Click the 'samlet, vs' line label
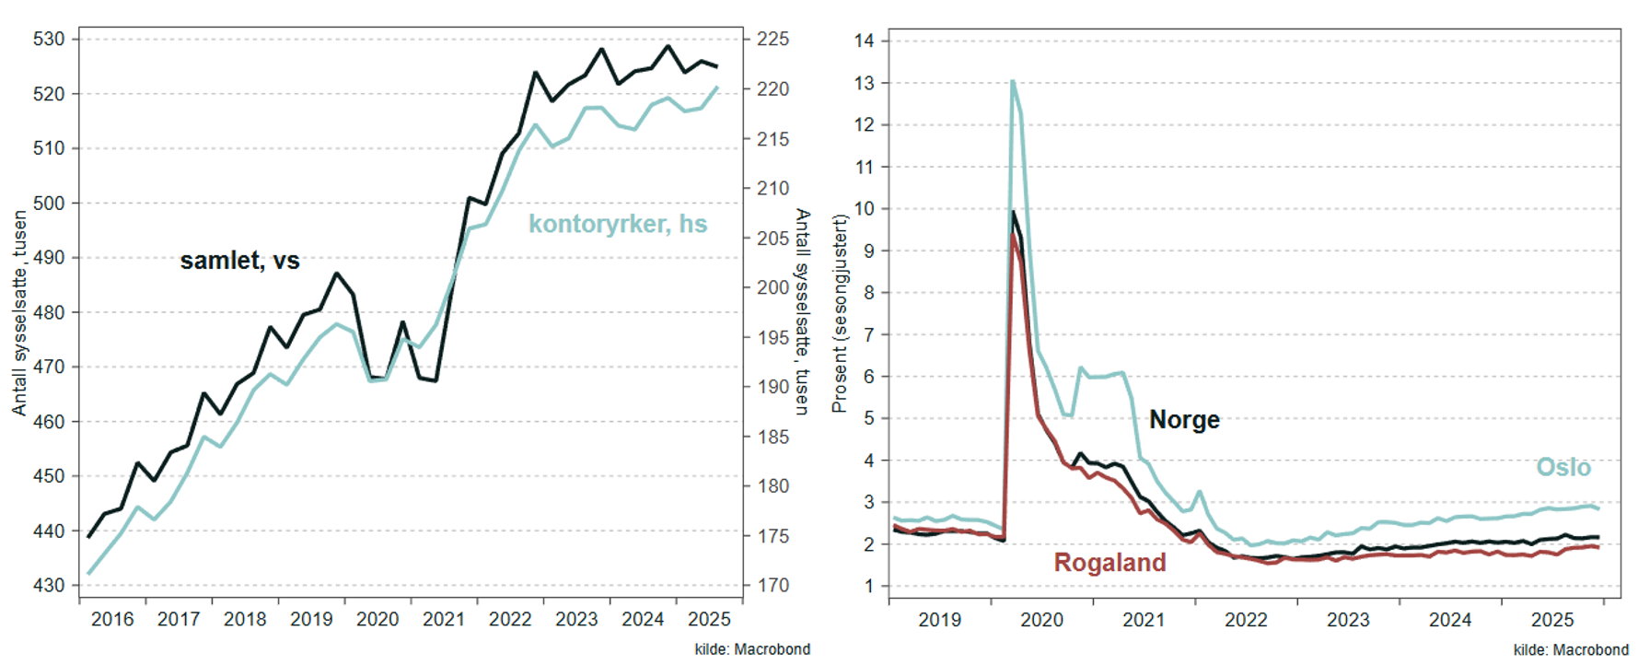click(239, 261)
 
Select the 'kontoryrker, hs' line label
click(617, 224)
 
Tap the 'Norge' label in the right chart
click(1184, 420)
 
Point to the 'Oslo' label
click(1562, 467)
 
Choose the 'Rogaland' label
click(1109, 562)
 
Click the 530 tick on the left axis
click(49, 40)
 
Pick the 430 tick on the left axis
click(49, 585)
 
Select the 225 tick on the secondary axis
click(773, 40)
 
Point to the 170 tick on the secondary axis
click(773, 585)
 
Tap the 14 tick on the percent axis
click(864, 41)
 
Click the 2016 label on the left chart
click(112, 619)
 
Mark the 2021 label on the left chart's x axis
click(444, 619)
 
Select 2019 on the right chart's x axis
click(939, 620)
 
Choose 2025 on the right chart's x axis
click(1552, 620)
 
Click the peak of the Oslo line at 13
click(1013, 82)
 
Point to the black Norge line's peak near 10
click(1014, 213)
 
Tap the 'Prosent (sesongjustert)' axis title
click(839, 313)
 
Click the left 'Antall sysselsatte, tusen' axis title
click(19, 313)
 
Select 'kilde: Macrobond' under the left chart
click(752, 649)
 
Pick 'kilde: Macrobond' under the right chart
click(1571, 650)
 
